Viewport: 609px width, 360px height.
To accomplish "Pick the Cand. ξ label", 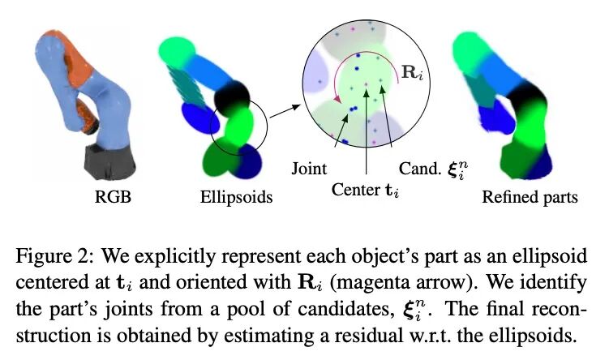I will click(x=431, y=170).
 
